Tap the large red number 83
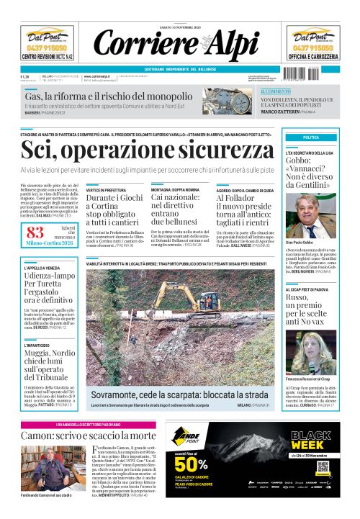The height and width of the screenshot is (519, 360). (35, 232)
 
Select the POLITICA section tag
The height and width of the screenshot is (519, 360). (311, 137)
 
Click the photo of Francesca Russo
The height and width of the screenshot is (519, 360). (318, 352)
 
